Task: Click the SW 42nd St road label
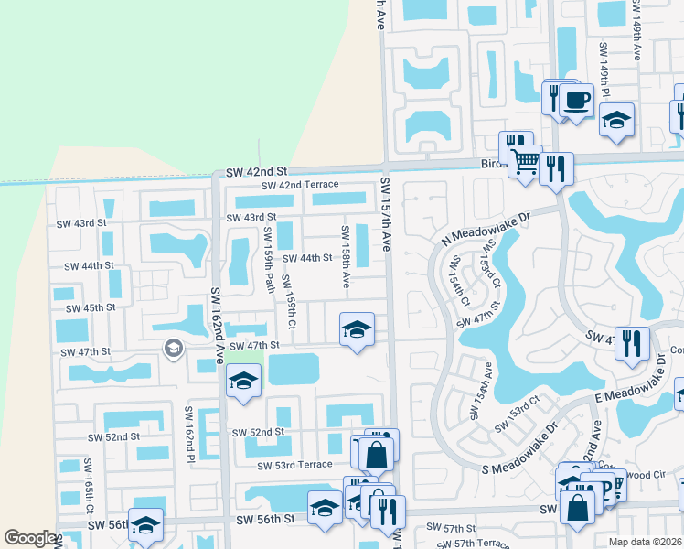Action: (x=257, y=171)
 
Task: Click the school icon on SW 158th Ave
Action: (x=357, y=328)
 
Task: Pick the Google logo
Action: (x=30, y=538)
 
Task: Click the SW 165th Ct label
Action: (x=90, y=484)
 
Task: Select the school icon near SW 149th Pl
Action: (x=617, y=120)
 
